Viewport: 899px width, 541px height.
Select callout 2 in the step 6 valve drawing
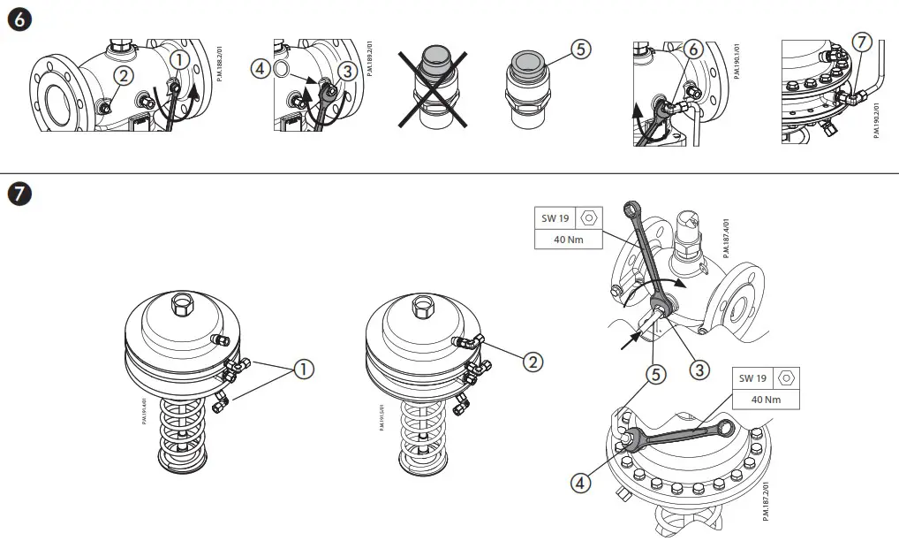point(125,76)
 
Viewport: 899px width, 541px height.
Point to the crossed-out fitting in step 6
point(432,89)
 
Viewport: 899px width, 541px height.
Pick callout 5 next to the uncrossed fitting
point(579,50)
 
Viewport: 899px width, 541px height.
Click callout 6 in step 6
point(694,50)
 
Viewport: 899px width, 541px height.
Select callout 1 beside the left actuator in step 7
point(304,370)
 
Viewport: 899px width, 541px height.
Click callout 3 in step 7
point(699,370)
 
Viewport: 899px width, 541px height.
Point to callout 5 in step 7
point(654,374)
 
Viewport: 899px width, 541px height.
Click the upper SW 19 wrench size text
point(555,217)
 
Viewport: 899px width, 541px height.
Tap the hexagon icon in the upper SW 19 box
point(590,217)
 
